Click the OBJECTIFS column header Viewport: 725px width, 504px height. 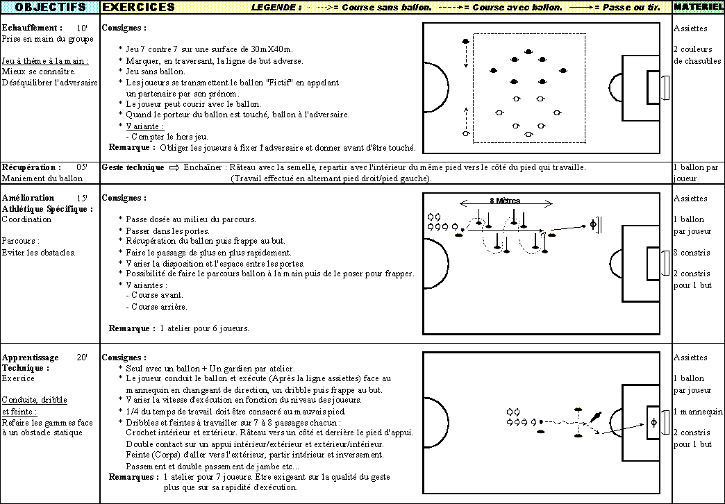click(x=51, y=7)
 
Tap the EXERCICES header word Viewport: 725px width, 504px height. click(x=138, y=7)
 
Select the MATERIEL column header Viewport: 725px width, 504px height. click(x=698, y=7)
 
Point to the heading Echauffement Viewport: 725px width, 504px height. click(x=32, y=28)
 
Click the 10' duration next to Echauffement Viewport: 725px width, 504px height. click(x=82, y=28)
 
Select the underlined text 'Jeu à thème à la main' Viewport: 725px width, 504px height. click(x=45, y=60)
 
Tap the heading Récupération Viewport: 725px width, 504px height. click(x=31, y=167)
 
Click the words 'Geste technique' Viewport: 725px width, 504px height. click(x=133, y=167)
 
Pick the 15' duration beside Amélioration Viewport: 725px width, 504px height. click(x=82, y=198)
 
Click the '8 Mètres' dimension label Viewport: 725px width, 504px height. click(x=505, y=201)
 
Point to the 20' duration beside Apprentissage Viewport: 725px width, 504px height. click(x=82, y=358)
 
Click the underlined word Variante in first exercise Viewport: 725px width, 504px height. click(x=144, y=126)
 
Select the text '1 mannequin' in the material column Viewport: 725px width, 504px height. click(x=698, y=412)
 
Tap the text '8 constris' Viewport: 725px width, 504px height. click(x=692, y=253)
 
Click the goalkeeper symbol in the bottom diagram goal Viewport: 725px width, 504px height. click(x=653, y=422)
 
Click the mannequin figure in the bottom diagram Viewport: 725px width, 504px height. click(x=596, y=417)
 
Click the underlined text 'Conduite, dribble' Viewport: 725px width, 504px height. click(x=35, y=400)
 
